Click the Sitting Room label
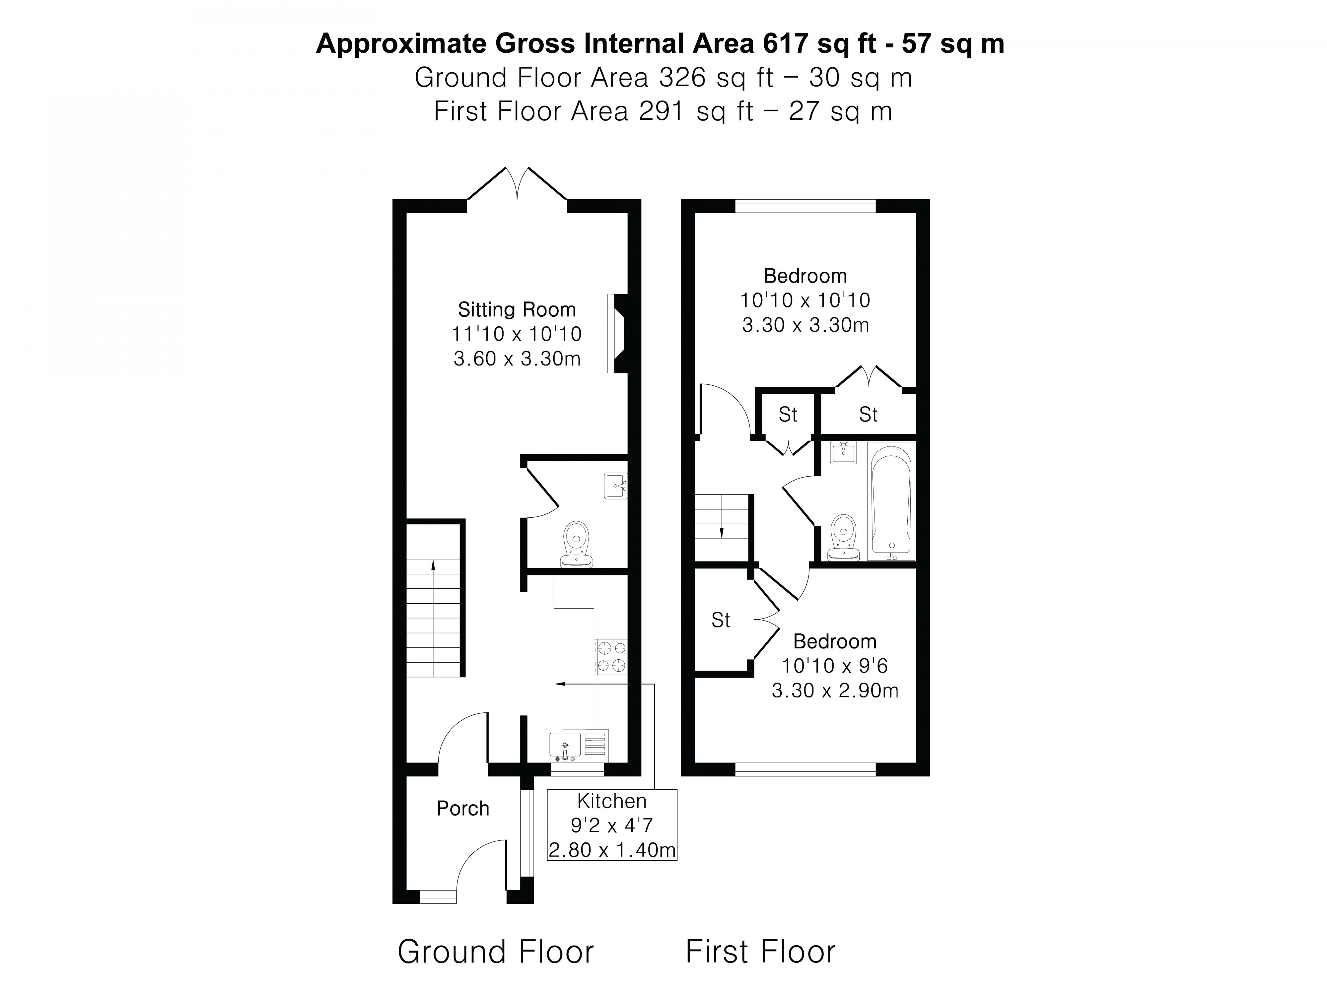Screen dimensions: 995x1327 (517, 309)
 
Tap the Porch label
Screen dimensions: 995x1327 (462, 809)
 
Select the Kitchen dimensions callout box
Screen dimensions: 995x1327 (612, 825)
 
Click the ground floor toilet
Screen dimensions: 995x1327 (577, 543)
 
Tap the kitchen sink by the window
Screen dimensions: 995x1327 (565, 746)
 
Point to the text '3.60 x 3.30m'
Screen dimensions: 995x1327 (517, 359)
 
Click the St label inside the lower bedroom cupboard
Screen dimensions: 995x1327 (721, 620)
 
